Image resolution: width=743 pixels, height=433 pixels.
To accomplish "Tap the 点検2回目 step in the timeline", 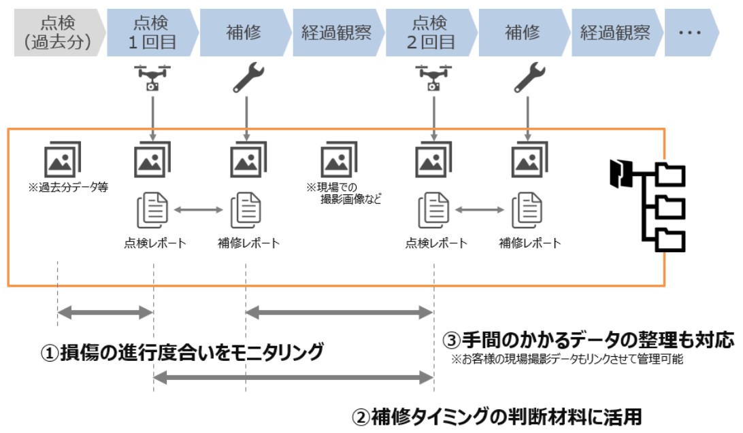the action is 431,33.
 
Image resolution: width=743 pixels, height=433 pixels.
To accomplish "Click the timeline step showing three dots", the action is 691,33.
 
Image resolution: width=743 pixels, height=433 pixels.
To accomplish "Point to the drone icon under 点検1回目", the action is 152,77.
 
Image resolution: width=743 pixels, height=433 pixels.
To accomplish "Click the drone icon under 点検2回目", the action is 433,77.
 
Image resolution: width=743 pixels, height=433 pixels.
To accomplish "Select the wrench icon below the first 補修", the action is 248,77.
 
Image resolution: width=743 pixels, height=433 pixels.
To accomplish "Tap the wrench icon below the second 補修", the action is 529,77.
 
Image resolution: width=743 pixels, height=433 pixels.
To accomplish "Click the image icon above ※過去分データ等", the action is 62,160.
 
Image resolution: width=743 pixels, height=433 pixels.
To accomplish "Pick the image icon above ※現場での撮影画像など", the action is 339,160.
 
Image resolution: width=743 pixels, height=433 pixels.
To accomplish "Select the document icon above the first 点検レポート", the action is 152,210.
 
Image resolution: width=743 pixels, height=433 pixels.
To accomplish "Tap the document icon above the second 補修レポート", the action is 527,210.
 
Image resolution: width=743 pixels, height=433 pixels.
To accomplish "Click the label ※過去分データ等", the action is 68,188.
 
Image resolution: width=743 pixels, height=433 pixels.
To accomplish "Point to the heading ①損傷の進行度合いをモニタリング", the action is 182,353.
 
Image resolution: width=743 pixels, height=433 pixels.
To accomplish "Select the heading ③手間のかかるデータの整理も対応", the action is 588,340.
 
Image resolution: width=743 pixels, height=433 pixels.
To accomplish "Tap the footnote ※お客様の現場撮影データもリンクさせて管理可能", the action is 567,359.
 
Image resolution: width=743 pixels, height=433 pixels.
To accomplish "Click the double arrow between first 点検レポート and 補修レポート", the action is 199,209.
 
